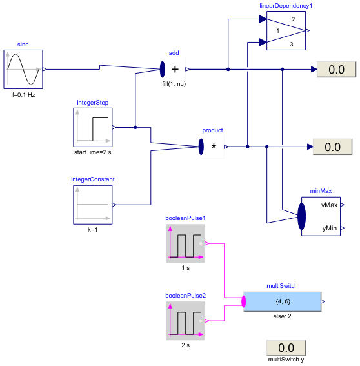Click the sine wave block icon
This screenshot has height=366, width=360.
coord(23,69)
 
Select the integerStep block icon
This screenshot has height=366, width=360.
coord(93,127)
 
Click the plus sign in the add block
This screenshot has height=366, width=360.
coord(175,69)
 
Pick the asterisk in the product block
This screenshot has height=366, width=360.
coord(214,147)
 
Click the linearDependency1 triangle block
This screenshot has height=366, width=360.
coord(286,30)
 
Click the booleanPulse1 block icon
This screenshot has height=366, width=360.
coord(186,243)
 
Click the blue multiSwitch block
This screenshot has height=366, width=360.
coord(283,301)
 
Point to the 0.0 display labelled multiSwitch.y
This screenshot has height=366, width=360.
coord(286,347)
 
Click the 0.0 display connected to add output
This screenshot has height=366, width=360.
coord(335,70)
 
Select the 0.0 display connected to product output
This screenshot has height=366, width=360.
coord(332,147)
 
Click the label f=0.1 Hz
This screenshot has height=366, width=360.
coord(24,94)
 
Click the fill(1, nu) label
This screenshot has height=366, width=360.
coord(174,84)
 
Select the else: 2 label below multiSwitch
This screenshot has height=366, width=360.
coord(283,316)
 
